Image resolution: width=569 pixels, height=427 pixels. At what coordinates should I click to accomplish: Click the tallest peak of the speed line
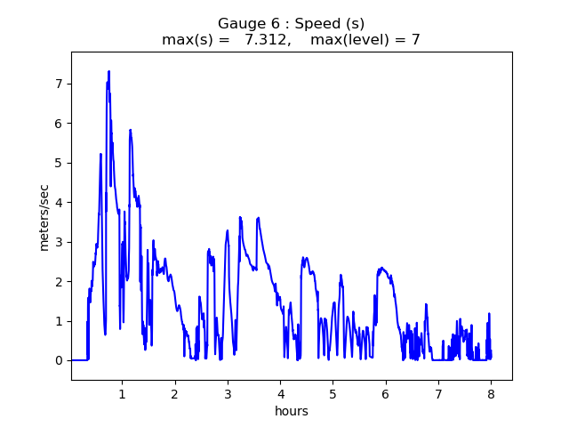pyautogui.click(x=108, y=71)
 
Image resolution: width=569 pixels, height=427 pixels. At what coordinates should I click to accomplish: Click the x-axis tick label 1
pyautogui.click(x=122, y=393)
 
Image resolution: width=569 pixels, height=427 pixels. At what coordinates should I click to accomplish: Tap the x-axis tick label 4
pyautogui.click(x=280, y=393)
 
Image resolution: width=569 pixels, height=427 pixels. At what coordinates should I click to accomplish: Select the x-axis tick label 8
pyautogui.click(x=491, y=393)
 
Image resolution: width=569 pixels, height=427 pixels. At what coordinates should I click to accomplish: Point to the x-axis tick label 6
pyautogui.click(x=386, y=393)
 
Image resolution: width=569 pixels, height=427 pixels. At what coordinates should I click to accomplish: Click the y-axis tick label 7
pyautogui.click(x=60, y=84)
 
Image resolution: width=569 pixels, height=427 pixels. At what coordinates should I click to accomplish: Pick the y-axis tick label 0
pyautogui.click(x=60, y=360)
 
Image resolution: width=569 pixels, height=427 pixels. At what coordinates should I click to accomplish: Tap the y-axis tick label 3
pyautogui.click(x=60, y=242)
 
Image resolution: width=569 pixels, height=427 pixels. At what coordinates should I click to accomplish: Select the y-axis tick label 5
pyautogui.click(x=60, y=163)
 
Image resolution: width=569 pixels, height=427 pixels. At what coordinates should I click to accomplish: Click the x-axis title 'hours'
pyautogui.click(x=292, y=411)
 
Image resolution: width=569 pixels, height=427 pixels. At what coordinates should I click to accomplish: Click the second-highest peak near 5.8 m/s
pyautogui.click(x=130, y=130)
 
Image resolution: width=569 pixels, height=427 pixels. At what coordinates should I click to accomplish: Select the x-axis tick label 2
pyautogui.click(x=175, y=393)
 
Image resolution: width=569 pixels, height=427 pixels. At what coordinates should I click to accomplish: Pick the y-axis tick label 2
pyautogui.click(x=60, y=281)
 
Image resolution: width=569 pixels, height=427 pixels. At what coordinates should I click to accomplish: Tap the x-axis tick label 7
pyautogui.click(x=438, y=393)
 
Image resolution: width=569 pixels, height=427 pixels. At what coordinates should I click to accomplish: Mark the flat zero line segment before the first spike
pyautogui.click(x=79, y=360)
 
